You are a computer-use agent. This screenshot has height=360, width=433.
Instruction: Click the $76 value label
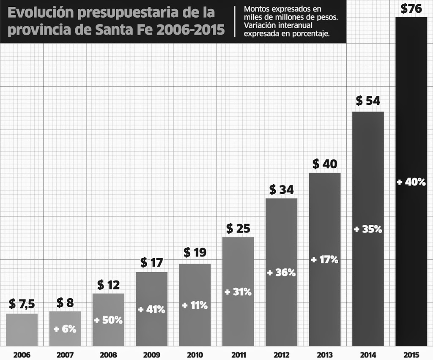[x=411, y=8]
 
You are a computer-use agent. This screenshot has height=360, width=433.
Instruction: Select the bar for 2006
[x=22, y=330]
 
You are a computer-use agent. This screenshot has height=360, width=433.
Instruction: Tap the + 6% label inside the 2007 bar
[x=65, y=329]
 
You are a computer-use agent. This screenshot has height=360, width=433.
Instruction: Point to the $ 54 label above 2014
[x=368, y=101]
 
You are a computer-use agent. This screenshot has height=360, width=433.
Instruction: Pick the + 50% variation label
[x=108, y=320]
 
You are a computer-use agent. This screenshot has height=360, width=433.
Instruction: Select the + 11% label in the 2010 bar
[x=195, y=305]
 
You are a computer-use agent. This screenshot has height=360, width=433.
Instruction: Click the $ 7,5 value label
[x=22, y=304]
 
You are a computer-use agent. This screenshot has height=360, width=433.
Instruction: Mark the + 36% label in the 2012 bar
[x=281, y=273]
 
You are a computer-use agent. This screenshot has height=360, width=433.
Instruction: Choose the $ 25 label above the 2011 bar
[x=238, y=229]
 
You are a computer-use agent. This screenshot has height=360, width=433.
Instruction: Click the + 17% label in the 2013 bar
[x=324, y=260]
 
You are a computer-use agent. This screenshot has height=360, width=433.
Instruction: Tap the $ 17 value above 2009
[x=151, y=263]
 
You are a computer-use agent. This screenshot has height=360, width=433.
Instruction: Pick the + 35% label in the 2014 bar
[x=368, y=229]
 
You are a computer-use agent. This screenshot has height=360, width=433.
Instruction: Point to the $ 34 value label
[x=281, y=190]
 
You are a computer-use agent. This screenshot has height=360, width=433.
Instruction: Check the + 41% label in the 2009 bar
[x=151, y=309]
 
